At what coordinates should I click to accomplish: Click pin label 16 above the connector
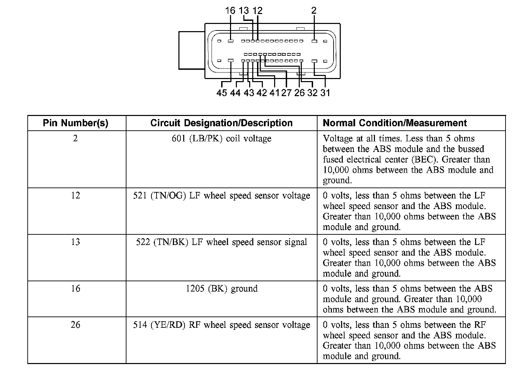pos(230,11)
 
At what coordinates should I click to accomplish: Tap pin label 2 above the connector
pos(314,11)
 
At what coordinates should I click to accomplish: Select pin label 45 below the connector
pos(221,93)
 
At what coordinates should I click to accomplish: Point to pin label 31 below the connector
pos(325,93)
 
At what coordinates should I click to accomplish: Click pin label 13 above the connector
pos(244,11)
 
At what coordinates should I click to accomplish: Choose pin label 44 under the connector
pos(235,93)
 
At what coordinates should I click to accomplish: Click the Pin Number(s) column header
pos(76,123)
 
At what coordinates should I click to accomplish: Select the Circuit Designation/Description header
pos(221,123)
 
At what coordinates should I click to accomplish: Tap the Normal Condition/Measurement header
pos(395,123)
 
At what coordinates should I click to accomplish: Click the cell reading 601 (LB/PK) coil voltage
pos(221,139)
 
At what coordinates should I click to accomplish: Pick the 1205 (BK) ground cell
pos(221,289)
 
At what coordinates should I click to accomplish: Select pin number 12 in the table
pos(76,196)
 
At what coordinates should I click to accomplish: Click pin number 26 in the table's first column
pos(76,325)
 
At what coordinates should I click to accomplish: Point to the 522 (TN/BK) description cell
pos(221,242)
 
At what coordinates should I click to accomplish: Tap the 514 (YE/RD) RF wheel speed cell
pos(221,325)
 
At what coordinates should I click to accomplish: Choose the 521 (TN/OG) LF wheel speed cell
pos(221,196)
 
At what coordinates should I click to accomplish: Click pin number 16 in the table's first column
pos(76,289)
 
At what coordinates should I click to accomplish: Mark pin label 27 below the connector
pos(286,93)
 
